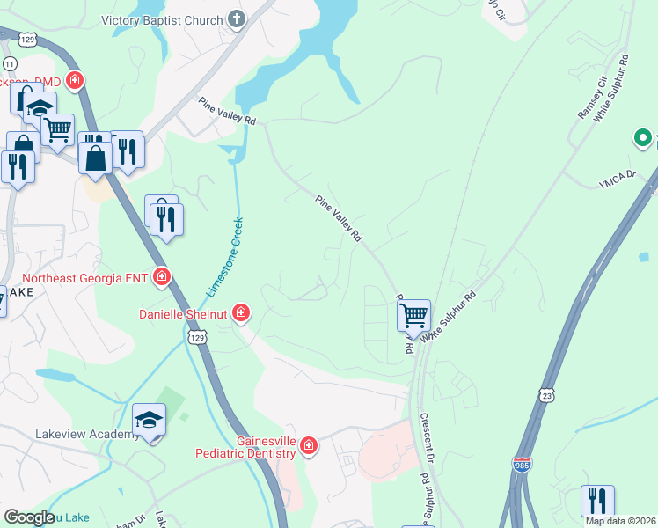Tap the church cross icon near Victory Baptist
tap(236, 18)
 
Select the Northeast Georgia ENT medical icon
tap(162, 278)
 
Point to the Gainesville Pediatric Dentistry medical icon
tap(308, 446)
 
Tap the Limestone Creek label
tap(224, 255)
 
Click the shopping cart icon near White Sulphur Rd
tap(413, 314)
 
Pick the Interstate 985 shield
tap(522, 464)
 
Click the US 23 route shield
tap(547, 396)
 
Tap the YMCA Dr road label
tap(617, 182)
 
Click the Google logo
tap(29, 517)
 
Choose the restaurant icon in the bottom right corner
tap(597, 501)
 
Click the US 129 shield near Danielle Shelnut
tap(197, 338)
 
